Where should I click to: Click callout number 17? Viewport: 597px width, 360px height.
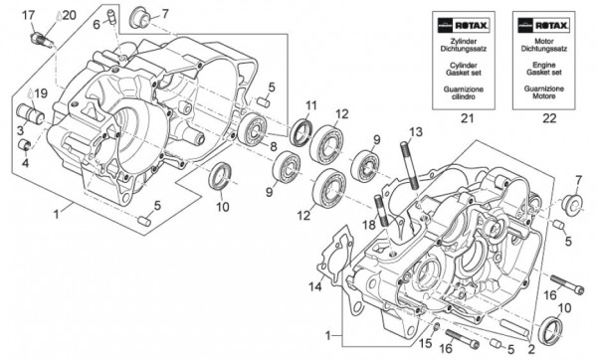point(28,14)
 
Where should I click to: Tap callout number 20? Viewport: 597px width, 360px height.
point(69,14)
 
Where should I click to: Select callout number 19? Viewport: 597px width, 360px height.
point(41,93)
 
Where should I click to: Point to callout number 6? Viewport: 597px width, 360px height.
point(99,23)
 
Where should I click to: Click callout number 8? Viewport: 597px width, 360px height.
point(273,146)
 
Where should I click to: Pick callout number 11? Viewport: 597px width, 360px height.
point(311,106)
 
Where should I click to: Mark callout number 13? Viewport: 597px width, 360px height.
point(416,131)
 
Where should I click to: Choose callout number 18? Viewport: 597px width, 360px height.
point(369,226)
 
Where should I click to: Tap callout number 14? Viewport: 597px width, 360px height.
point(315,287)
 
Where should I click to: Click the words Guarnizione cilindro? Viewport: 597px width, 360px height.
point(461,93)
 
